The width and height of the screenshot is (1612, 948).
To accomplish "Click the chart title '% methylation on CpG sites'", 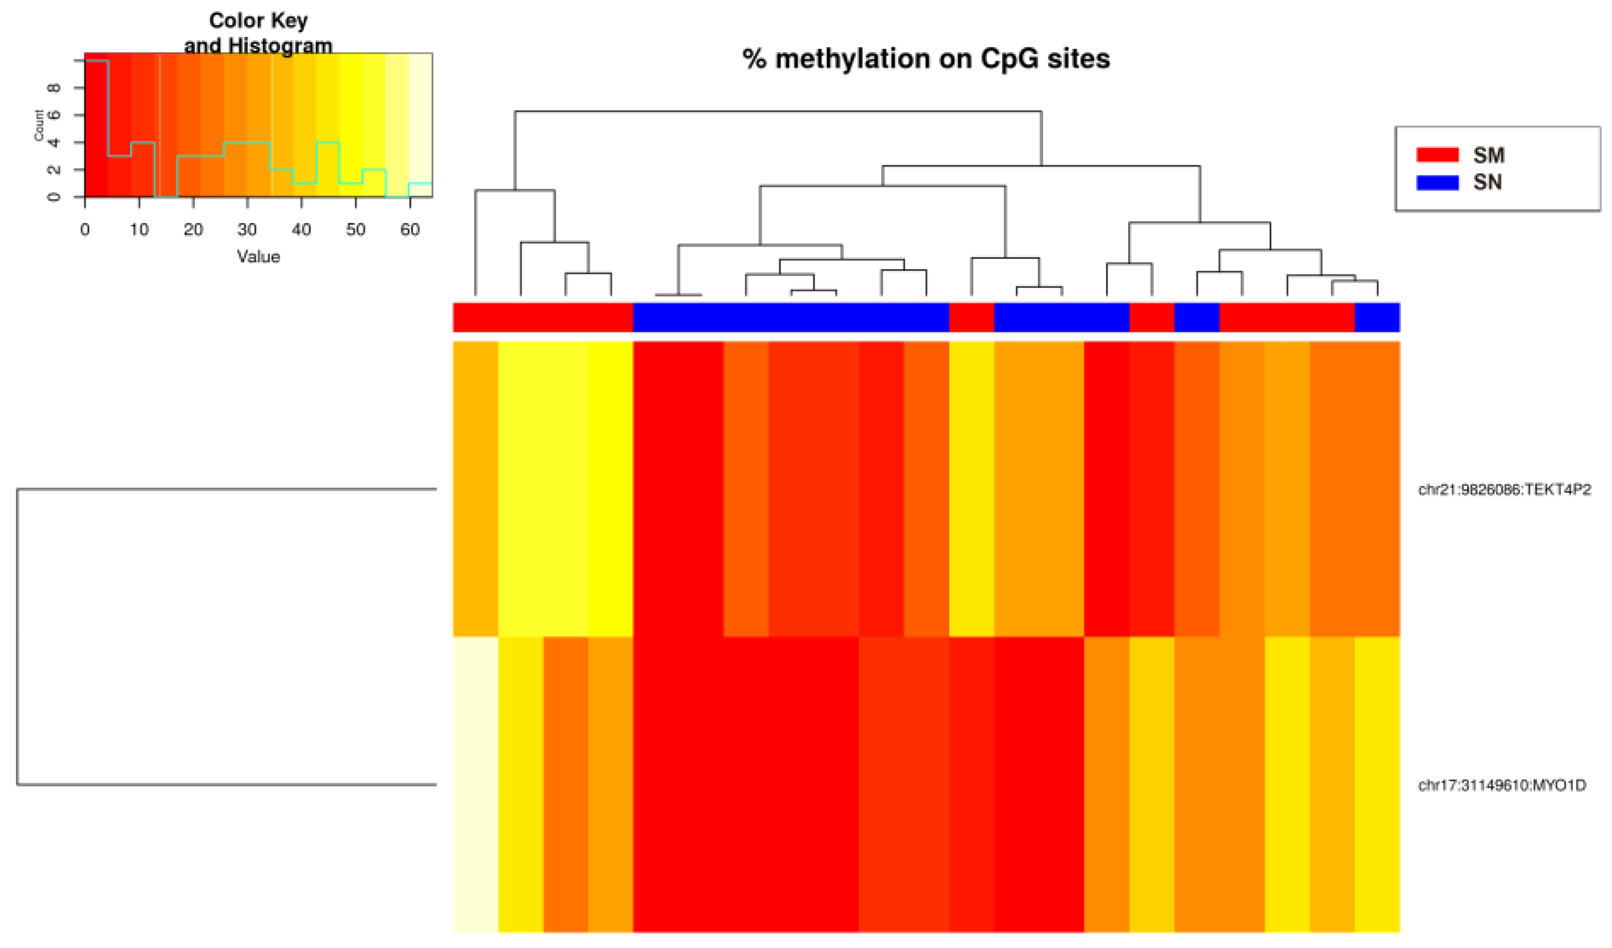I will (x=925, y=59).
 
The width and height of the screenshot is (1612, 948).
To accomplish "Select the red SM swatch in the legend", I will (x=1437, y=155).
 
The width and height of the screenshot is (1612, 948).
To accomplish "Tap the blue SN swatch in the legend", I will (x=1437, y=182).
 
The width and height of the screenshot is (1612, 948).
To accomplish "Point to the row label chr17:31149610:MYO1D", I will (x=1501, y=785).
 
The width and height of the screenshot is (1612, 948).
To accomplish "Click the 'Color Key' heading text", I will (x=258, y=21).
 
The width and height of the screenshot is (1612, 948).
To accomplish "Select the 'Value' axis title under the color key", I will (x=258, y=257).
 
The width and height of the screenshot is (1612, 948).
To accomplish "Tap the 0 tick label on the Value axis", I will (x=85, y=230).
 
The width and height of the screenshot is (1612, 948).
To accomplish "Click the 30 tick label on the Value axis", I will (x=247, y=230).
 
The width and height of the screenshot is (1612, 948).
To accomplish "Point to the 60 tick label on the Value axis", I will (x=410, y=230).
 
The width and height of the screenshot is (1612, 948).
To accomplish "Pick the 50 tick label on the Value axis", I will (x=356, y=230).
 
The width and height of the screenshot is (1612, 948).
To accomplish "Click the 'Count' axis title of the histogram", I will (x=39, y=125).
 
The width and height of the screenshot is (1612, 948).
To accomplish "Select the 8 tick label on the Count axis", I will (x=55, y=87).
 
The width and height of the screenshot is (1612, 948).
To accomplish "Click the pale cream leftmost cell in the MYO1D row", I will (x=475, y=785).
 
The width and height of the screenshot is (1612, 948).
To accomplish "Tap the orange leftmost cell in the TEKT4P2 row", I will (x=475, y=489).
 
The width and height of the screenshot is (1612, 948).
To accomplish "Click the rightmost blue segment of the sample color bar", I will (x=1376, y=317).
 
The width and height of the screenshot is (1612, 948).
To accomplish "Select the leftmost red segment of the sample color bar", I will (x=543, y=317).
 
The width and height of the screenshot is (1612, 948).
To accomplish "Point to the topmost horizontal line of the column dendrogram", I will (x=778, y=112).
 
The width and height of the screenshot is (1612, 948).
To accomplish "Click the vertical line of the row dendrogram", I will (x=17, y=636).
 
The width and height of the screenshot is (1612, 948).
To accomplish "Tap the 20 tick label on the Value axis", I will (x=193, y=230).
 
